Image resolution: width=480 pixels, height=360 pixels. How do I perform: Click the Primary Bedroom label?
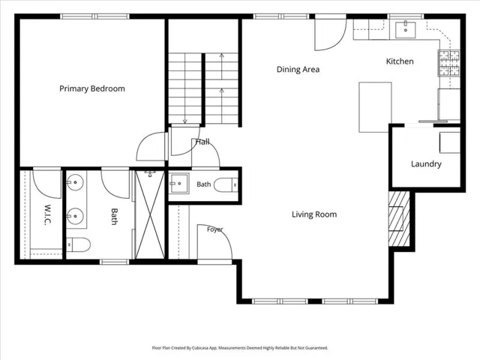92,88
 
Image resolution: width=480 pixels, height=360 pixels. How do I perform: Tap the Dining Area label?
298,70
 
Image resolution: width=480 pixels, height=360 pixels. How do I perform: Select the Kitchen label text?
400,61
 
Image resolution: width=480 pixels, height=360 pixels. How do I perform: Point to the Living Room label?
314,214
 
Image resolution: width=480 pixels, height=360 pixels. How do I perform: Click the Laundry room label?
426,164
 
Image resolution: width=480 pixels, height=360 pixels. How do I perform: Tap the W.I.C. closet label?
47,215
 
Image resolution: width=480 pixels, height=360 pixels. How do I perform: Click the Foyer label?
215,229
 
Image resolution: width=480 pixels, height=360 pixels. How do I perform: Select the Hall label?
202,142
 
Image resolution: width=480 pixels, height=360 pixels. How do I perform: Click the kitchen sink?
405,30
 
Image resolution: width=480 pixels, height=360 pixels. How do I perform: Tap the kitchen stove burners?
449,63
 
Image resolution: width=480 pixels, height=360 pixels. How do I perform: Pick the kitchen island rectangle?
375,107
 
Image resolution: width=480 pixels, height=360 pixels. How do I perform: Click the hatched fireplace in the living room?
399,218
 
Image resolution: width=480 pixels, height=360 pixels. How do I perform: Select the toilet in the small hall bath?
226,185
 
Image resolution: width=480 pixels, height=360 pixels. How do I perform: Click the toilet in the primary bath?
78,244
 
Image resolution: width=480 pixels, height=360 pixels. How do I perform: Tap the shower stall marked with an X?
150,214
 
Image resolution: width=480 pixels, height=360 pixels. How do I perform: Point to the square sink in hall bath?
179,183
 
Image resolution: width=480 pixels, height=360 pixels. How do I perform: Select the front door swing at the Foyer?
214,241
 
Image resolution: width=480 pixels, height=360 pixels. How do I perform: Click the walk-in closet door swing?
46,184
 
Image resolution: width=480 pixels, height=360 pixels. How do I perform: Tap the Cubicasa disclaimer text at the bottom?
240,348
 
